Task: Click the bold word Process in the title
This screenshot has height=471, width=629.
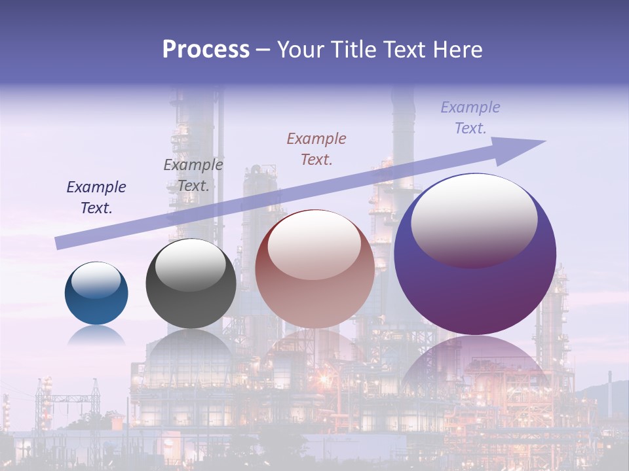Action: [206, 50]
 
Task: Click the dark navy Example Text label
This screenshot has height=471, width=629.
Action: [96, 198]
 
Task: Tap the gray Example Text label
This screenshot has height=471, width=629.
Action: [193, 175]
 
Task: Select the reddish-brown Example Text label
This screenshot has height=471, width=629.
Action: [316, 148]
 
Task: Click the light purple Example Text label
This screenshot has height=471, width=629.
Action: [470, 118]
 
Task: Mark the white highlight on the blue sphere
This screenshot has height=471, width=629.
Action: [96, 280]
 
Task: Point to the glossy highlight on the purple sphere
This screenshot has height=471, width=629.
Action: [474, 221]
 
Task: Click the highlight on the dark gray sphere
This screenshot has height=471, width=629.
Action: [191, 264]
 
